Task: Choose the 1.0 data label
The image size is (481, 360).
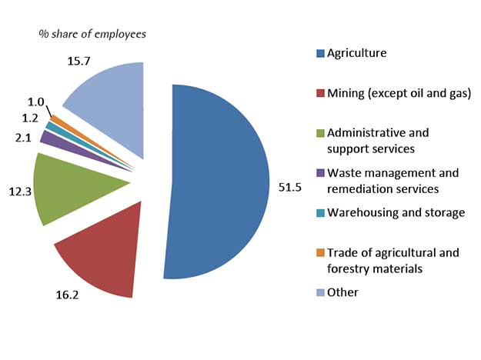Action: click(x=36, y=101)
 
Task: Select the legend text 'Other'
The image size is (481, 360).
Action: click(x=342, y=292)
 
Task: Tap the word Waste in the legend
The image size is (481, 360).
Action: click(x=343, y=173)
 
